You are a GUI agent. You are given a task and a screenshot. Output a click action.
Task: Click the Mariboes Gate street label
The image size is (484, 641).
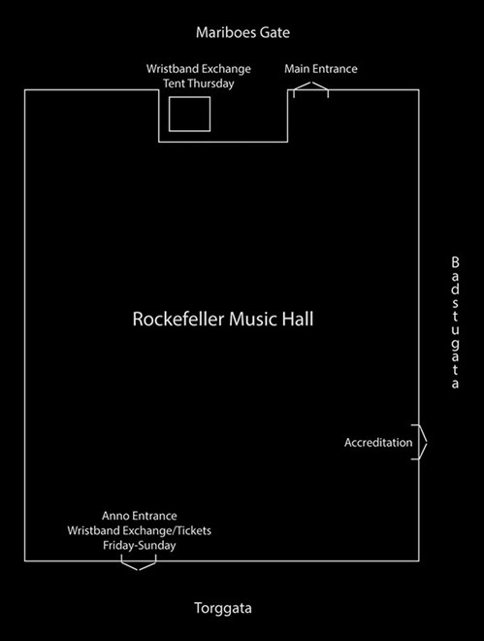tap(242, 33)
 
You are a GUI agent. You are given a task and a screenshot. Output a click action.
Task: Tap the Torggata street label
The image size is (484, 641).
tap(223, 609)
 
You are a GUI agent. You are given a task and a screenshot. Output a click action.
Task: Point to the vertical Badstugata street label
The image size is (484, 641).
tap(454, 323)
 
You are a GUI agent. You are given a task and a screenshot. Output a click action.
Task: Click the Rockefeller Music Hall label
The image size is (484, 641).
tap(222, 320)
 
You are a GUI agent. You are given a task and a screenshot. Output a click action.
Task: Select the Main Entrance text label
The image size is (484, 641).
tap(320, 69)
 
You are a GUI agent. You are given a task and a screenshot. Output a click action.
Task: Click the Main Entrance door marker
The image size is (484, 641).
tap(310, 90)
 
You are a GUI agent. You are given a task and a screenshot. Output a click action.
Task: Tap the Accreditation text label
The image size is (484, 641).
tap(378, 443)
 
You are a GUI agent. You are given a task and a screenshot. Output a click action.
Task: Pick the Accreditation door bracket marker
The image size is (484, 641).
tap(419, 442)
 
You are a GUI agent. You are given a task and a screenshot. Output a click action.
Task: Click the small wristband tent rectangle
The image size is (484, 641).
tap(189, 114)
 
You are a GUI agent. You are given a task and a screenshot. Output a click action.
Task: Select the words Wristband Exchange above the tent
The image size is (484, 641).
tap(199, 69)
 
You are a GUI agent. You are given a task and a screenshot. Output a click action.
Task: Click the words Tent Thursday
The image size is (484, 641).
tap(199, 84)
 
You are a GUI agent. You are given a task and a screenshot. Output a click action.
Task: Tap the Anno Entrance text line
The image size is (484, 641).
tap(140, 516)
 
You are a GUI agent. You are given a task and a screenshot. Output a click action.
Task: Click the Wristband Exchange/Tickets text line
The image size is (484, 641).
tap(140, 530)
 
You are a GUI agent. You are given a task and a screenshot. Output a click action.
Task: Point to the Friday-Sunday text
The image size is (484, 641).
tap(140, 546)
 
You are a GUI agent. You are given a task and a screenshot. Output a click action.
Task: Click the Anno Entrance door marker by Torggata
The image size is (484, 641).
tap(140, 564)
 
